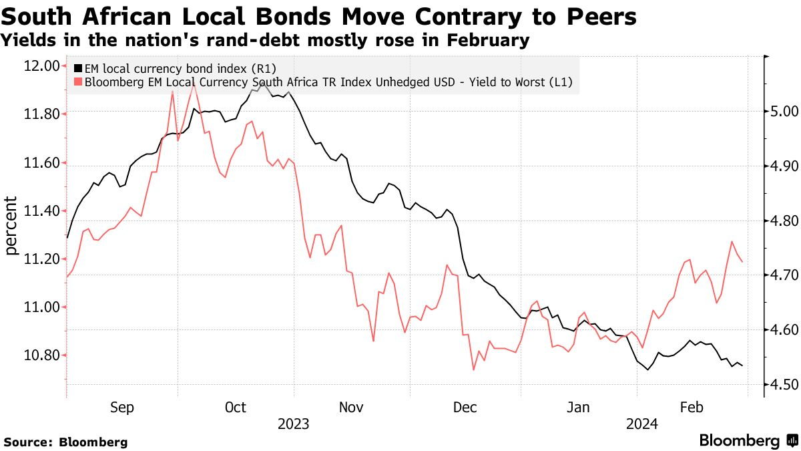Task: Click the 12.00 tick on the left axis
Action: (41, 65)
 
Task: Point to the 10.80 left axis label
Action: (41, 355)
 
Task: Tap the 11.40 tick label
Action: (41, 211)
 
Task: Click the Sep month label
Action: (122, 408)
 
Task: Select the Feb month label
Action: (692, 408)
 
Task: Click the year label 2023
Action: (293, 424)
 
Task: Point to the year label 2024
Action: (641, 424)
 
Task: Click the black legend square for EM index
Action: (79, 68)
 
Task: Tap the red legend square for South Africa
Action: (79, 82)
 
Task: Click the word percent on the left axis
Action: (11, 226)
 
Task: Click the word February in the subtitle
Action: (487, 41)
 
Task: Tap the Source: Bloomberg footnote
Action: (66, 442)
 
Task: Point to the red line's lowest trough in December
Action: (474, 369)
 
